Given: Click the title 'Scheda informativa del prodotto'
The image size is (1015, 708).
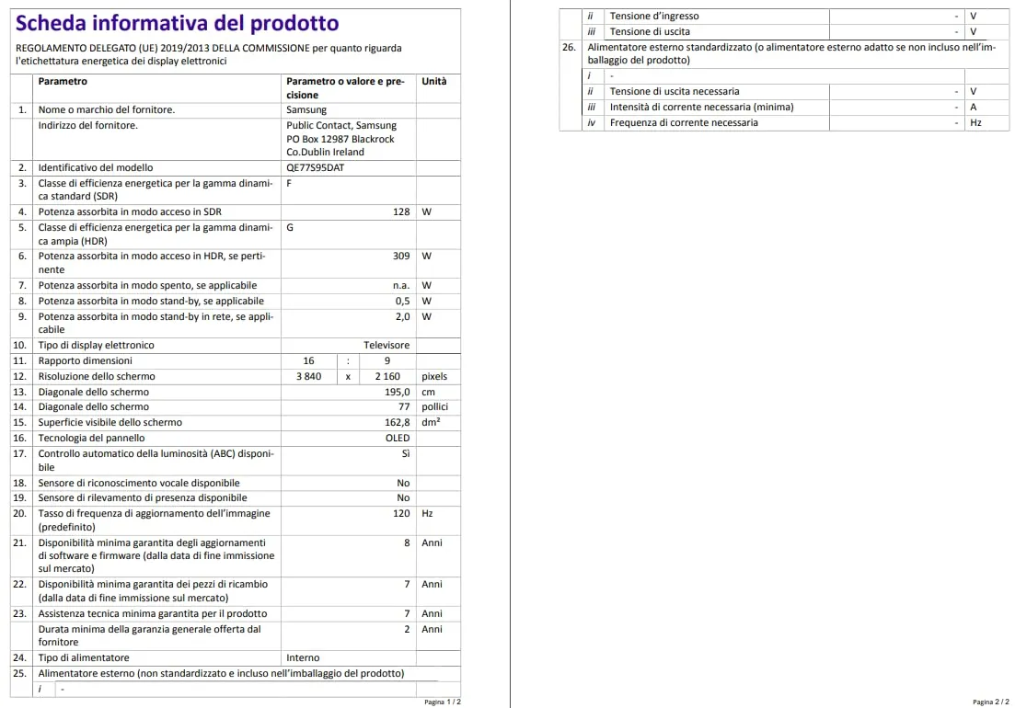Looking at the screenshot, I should pyautogui.click(x=178, y=23).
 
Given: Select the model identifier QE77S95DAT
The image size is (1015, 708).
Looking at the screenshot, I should pyautogui.click(x=316, y=168).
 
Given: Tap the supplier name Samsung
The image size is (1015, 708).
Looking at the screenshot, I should pyautogui.click(x=306, y=110).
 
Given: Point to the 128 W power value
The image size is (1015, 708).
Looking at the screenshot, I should pyautogui.click(x=401, y=212).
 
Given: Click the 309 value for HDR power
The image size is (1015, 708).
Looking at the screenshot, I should pyautogui.click(x=401, y=257).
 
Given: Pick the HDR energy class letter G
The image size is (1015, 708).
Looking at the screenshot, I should pyautogui.click(x=291, y=228).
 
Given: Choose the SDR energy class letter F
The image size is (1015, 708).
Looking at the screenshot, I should pyautogui.click(x=290, y=184).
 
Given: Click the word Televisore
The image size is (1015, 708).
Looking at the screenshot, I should pyautogui.click(x=386, y=346).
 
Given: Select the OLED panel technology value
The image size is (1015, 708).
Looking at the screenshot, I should pyautogui.click(x=398, y=439).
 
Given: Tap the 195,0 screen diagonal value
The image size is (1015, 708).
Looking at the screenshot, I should pyautogui.click(x=397, y=392).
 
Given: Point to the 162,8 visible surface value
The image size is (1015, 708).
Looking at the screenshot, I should pyautogui.click(x=397, y=423).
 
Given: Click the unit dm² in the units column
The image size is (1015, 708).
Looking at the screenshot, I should pyautogui.click(x=431, y=423).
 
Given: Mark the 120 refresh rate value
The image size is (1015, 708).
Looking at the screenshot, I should pyautogui.click(x=401, y=514).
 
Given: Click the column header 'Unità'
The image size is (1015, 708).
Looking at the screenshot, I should pyautogui.click(x=434, y=82).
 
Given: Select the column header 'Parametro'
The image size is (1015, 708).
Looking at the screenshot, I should pyautogui.click(x=63, y=82).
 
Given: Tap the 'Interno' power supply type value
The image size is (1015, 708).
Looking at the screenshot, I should pyautogui.click(x=303, y=658).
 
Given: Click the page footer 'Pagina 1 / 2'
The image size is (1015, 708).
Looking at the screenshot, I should pyautogui.click(x=443, y=702).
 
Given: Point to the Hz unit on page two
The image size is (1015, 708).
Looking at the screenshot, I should pyautogui.click(x=975, y=123).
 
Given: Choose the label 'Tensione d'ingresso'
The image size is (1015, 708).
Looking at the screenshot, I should pyautogui.click(x=654, y=17).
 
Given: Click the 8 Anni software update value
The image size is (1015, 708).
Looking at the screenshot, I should pyautogui.click(x=407, y=543).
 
